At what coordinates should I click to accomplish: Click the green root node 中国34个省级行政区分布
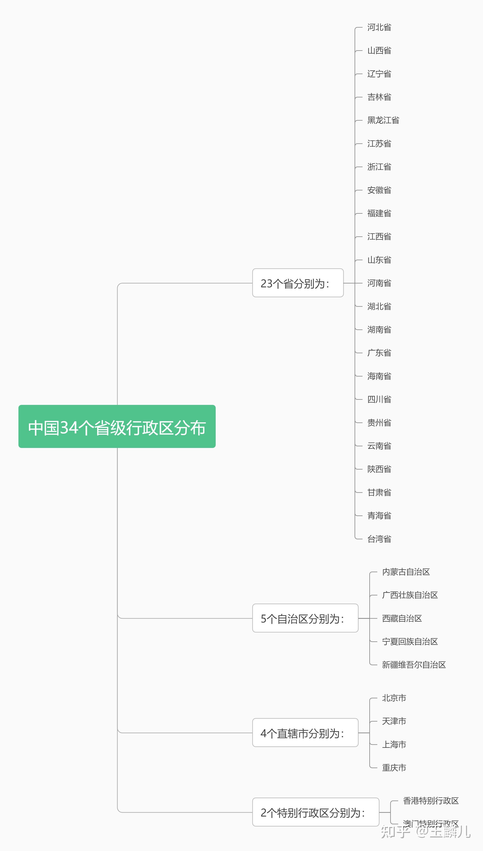click(x=117, y=426)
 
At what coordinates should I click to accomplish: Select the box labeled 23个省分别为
click(x=298, y=283)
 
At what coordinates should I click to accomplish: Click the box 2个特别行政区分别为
click(x=315, y=812)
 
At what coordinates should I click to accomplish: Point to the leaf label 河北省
click(x=379, y=27)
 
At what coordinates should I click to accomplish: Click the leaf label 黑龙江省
click(x=383, y=120)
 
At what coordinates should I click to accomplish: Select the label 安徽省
click(x=379, y=190)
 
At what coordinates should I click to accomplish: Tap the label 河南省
click(x=379, y=283)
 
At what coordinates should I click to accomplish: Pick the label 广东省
click(x=379, y=353)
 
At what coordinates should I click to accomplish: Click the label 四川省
click(x=379, y=399)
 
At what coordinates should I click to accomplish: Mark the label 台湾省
click(x=379, y=539)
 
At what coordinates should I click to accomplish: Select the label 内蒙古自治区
click(x=406, y=572)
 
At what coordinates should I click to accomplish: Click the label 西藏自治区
click(x=402, y=618)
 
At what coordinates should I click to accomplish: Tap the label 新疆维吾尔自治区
click(x=414, y=665)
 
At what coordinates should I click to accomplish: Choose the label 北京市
click(x=394, y=698)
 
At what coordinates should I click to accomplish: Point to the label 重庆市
click(x=394, y=768)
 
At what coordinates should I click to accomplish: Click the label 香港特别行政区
click(x=431, y=801)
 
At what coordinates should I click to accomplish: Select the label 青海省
click(x=379, y=515)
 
